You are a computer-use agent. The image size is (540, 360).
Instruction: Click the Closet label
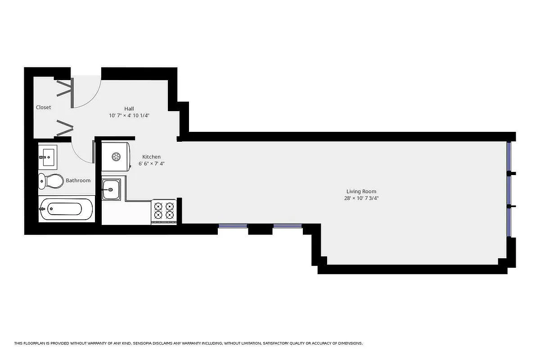(44, 107)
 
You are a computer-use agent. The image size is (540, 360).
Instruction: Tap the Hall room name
(129, 108)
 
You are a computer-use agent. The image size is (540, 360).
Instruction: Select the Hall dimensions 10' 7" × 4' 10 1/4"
(129, 116)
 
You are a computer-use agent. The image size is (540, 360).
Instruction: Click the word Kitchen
(151, 157)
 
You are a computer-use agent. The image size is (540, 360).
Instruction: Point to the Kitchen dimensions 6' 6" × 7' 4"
(151, 164)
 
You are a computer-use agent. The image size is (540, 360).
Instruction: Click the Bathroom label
(78, 180)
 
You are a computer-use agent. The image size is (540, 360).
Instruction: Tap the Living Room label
(361, 191)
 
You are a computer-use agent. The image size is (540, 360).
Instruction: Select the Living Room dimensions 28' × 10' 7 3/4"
(361, 198)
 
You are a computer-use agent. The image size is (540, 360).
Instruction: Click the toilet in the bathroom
(50, 181)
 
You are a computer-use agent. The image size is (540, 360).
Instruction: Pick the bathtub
(67, 209)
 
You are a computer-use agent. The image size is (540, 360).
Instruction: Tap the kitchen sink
(110, 189)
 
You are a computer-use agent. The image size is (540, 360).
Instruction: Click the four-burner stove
(164, 211)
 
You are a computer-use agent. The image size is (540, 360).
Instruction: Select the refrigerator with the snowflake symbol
(116, 157)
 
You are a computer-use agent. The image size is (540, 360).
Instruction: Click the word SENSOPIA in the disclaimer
(143, 343)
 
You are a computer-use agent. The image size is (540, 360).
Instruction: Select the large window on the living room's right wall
(509, 189)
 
